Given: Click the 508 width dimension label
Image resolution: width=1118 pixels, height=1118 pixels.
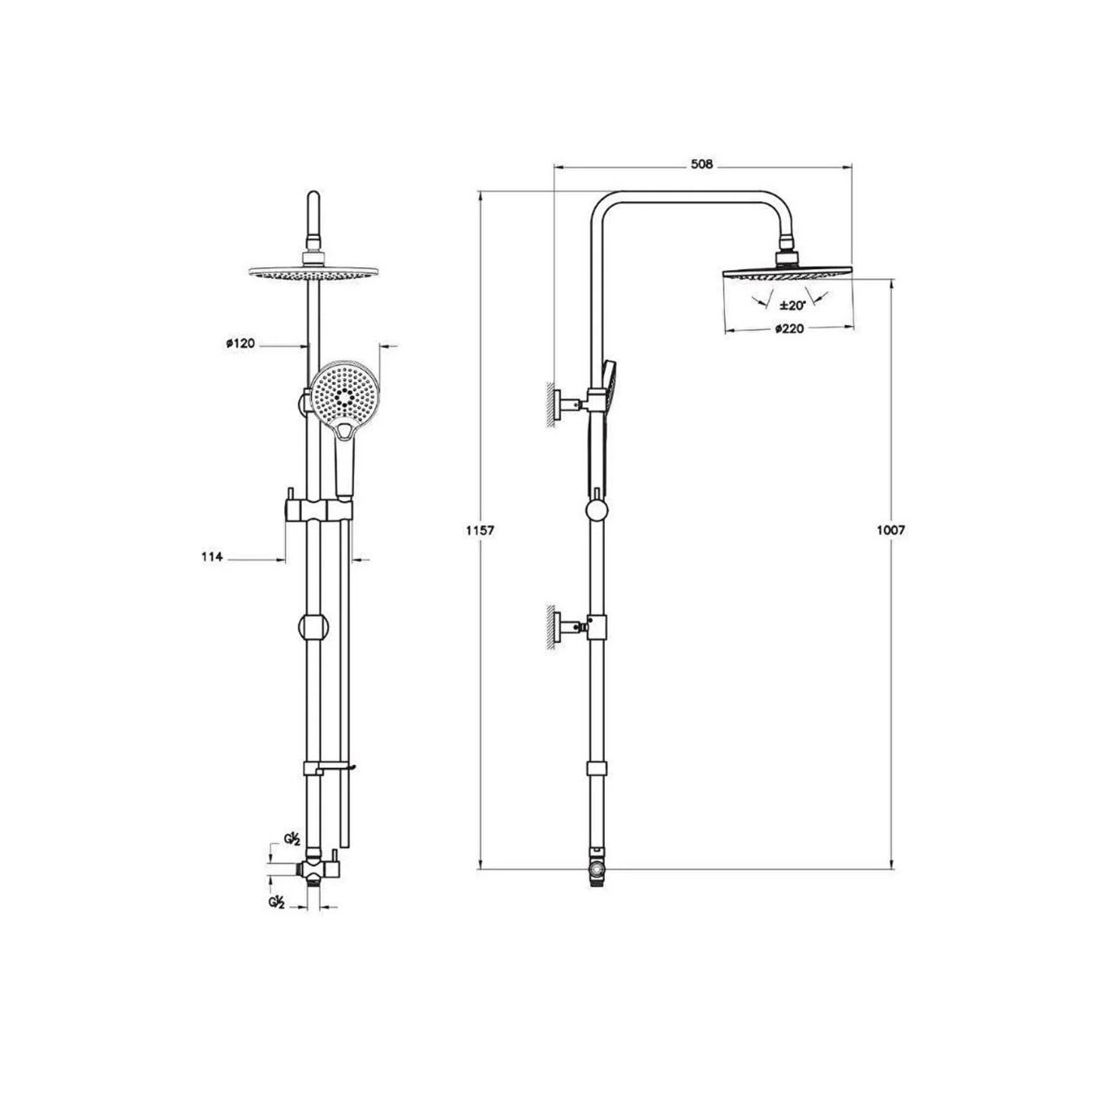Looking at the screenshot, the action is [701, 165].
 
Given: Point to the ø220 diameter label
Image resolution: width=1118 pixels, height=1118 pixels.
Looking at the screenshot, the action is [790, 329].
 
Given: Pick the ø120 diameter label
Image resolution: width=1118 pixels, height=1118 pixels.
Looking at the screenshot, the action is [240, 343].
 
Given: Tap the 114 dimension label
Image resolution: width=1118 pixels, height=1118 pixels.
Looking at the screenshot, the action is [212, 557].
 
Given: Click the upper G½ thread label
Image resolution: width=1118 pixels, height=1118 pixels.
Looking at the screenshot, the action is [292, 855].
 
